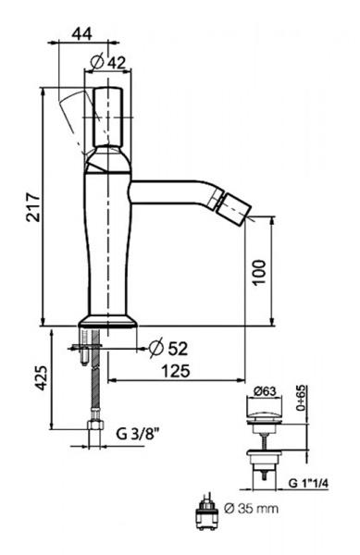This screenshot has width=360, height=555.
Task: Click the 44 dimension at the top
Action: click(x=81, y=34)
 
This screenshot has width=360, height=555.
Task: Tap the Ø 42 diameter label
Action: click(x=107, y=63)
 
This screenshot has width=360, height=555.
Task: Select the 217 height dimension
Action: click(x=33, y=207)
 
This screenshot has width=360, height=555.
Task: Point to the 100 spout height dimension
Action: click(x=259, y=272)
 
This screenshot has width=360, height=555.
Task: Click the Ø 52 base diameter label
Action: click(x=168, y=349)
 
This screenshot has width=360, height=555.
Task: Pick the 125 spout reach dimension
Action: click(x=176, y=371)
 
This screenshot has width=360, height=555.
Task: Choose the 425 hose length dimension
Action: click(x=42, y=378)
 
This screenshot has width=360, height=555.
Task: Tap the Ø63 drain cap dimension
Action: click(x=265, y=391)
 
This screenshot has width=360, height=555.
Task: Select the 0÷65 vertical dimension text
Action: click(x=302, y=398)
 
